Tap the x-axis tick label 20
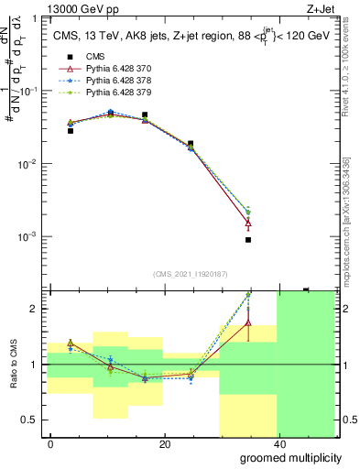(164, 444)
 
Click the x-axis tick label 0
(50, 444)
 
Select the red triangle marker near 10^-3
(248, 223)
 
